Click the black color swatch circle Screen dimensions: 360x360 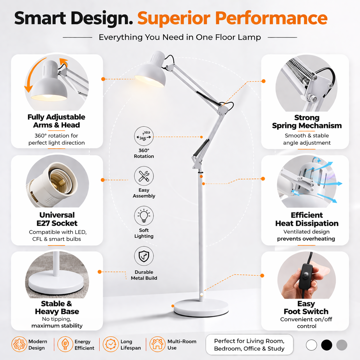point(327,345)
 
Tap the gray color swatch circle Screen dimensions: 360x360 point(342,345)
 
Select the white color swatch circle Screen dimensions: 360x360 point(311,345)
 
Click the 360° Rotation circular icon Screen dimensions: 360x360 point(144,136)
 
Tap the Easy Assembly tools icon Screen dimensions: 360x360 point(144,176)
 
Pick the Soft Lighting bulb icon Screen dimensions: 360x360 point(144,216)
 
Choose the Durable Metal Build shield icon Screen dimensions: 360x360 point(144,256)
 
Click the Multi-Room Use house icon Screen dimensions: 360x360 point(157,344)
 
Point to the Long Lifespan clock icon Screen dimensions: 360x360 point(111,344)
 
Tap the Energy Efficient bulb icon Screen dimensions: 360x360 point(65,344)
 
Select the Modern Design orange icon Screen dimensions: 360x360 point(19,344)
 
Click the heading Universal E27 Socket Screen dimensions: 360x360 point(57,219)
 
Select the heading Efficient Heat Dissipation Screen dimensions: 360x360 point(307,219)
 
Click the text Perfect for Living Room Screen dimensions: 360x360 point(249,341)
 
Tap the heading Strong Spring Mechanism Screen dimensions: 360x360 point(307,122)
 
